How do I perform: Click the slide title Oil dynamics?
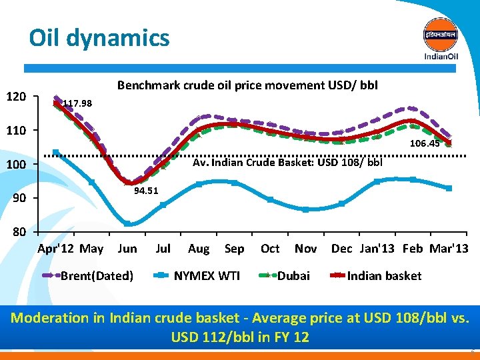(x=99, y=38)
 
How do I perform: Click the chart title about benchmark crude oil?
(x=247, y=85)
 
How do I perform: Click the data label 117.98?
(x=77, y=104)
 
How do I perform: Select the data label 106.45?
(x=425, y=143)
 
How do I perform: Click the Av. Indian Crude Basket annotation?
(x=287, y=162)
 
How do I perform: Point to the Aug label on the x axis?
(x=199, y=249)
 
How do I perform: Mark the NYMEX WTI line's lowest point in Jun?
(x=128, y=224)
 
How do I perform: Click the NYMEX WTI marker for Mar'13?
(x=449, y=189)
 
